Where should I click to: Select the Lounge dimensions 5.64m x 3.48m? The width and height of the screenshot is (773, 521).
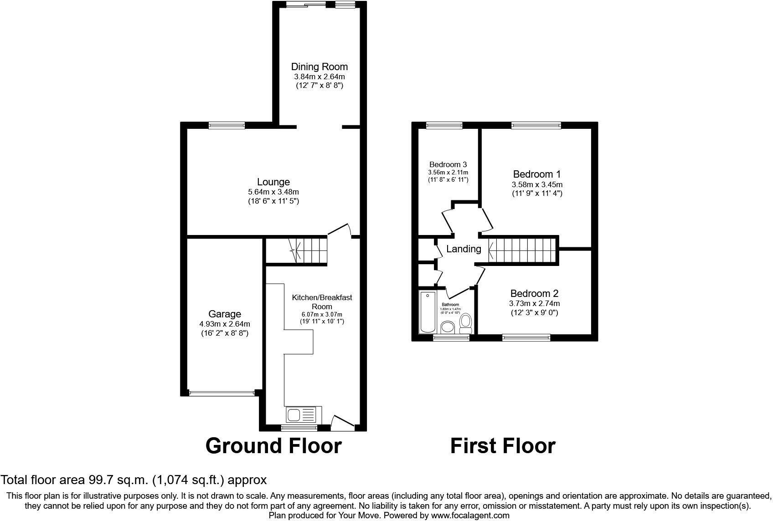(273, 192)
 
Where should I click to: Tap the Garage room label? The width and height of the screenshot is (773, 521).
(225, 314)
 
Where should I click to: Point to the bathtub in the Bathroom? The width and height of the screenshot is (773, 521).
(428, 312)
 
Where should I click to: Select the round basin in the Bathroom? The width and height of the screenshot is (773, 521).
(448, 327)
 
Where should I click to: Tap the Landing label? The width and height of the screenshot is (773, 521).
(464, 249)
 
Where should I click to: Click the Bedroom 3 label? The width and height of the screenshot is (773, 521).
(448, 164)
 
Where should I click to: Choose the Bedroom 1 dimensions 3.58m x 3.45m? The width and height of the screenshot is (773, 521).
(537, 184)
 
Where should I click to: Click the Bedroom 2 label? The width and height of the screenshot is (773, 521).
(534, 294)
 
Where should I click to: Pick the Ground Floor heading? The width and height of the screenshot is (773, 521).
(273, 446)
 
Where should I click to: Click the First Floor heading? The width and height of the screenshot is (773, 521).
(503, 446)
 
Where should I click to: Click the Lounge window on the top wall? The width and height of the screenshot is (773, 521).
(227, 126)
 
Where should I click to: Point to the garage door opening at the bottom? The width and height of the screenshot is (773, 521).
(222, 393)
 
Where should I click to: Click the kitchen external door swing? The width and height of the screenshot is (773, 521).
(342, 423)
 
